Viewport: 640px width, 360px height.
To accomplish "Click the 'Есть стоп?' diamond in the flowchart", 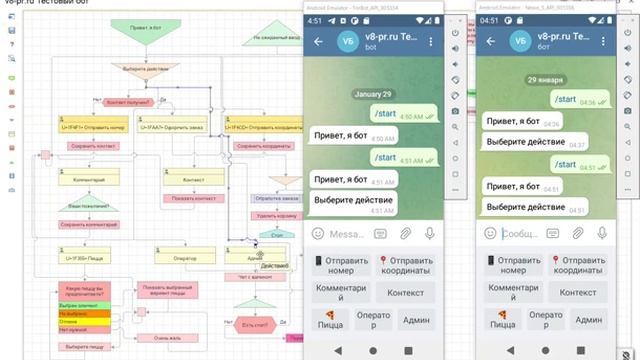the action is [255, 324].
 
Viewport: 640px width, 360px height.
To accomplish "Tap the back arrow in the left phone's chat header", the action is [318, 42].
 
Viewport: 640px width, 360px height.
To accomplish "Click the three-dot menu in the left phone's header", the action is [430, 42].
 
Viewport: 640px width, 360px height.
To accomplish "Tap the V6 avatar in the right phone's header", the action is [519, 42].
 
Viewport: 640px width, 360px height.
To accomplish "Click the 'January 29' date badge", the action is [372, 94].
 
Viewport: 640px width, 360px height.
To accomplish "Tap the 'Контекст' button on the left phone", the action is [405, 292].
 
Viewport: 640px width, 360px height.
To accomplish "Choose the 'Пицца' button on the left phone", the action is [331, 319].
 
